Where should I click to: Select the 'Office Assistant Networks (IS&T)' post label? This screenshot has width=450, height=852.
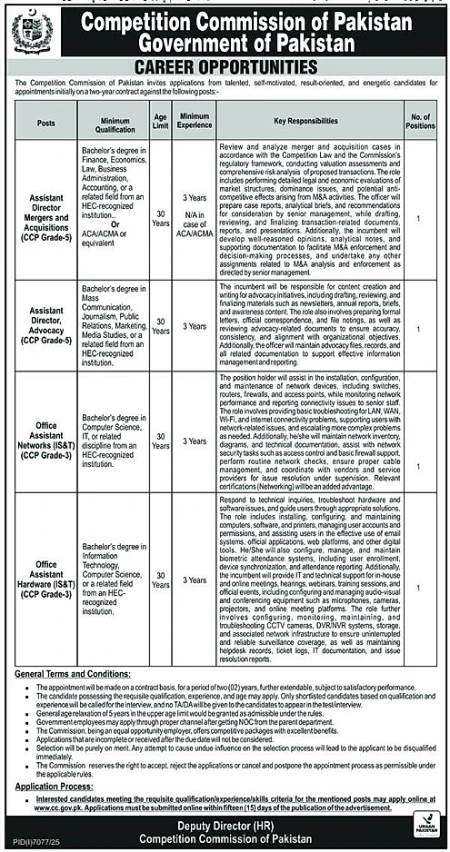(47, 441)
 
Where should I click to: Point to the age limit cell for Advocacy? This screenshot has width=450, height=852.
(160, 326)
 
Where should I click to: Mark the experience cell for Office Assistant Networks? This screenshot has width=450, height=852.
(195, 441)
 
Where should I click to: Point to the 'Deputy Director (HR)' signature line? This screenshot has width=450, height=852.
(225, 823)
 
